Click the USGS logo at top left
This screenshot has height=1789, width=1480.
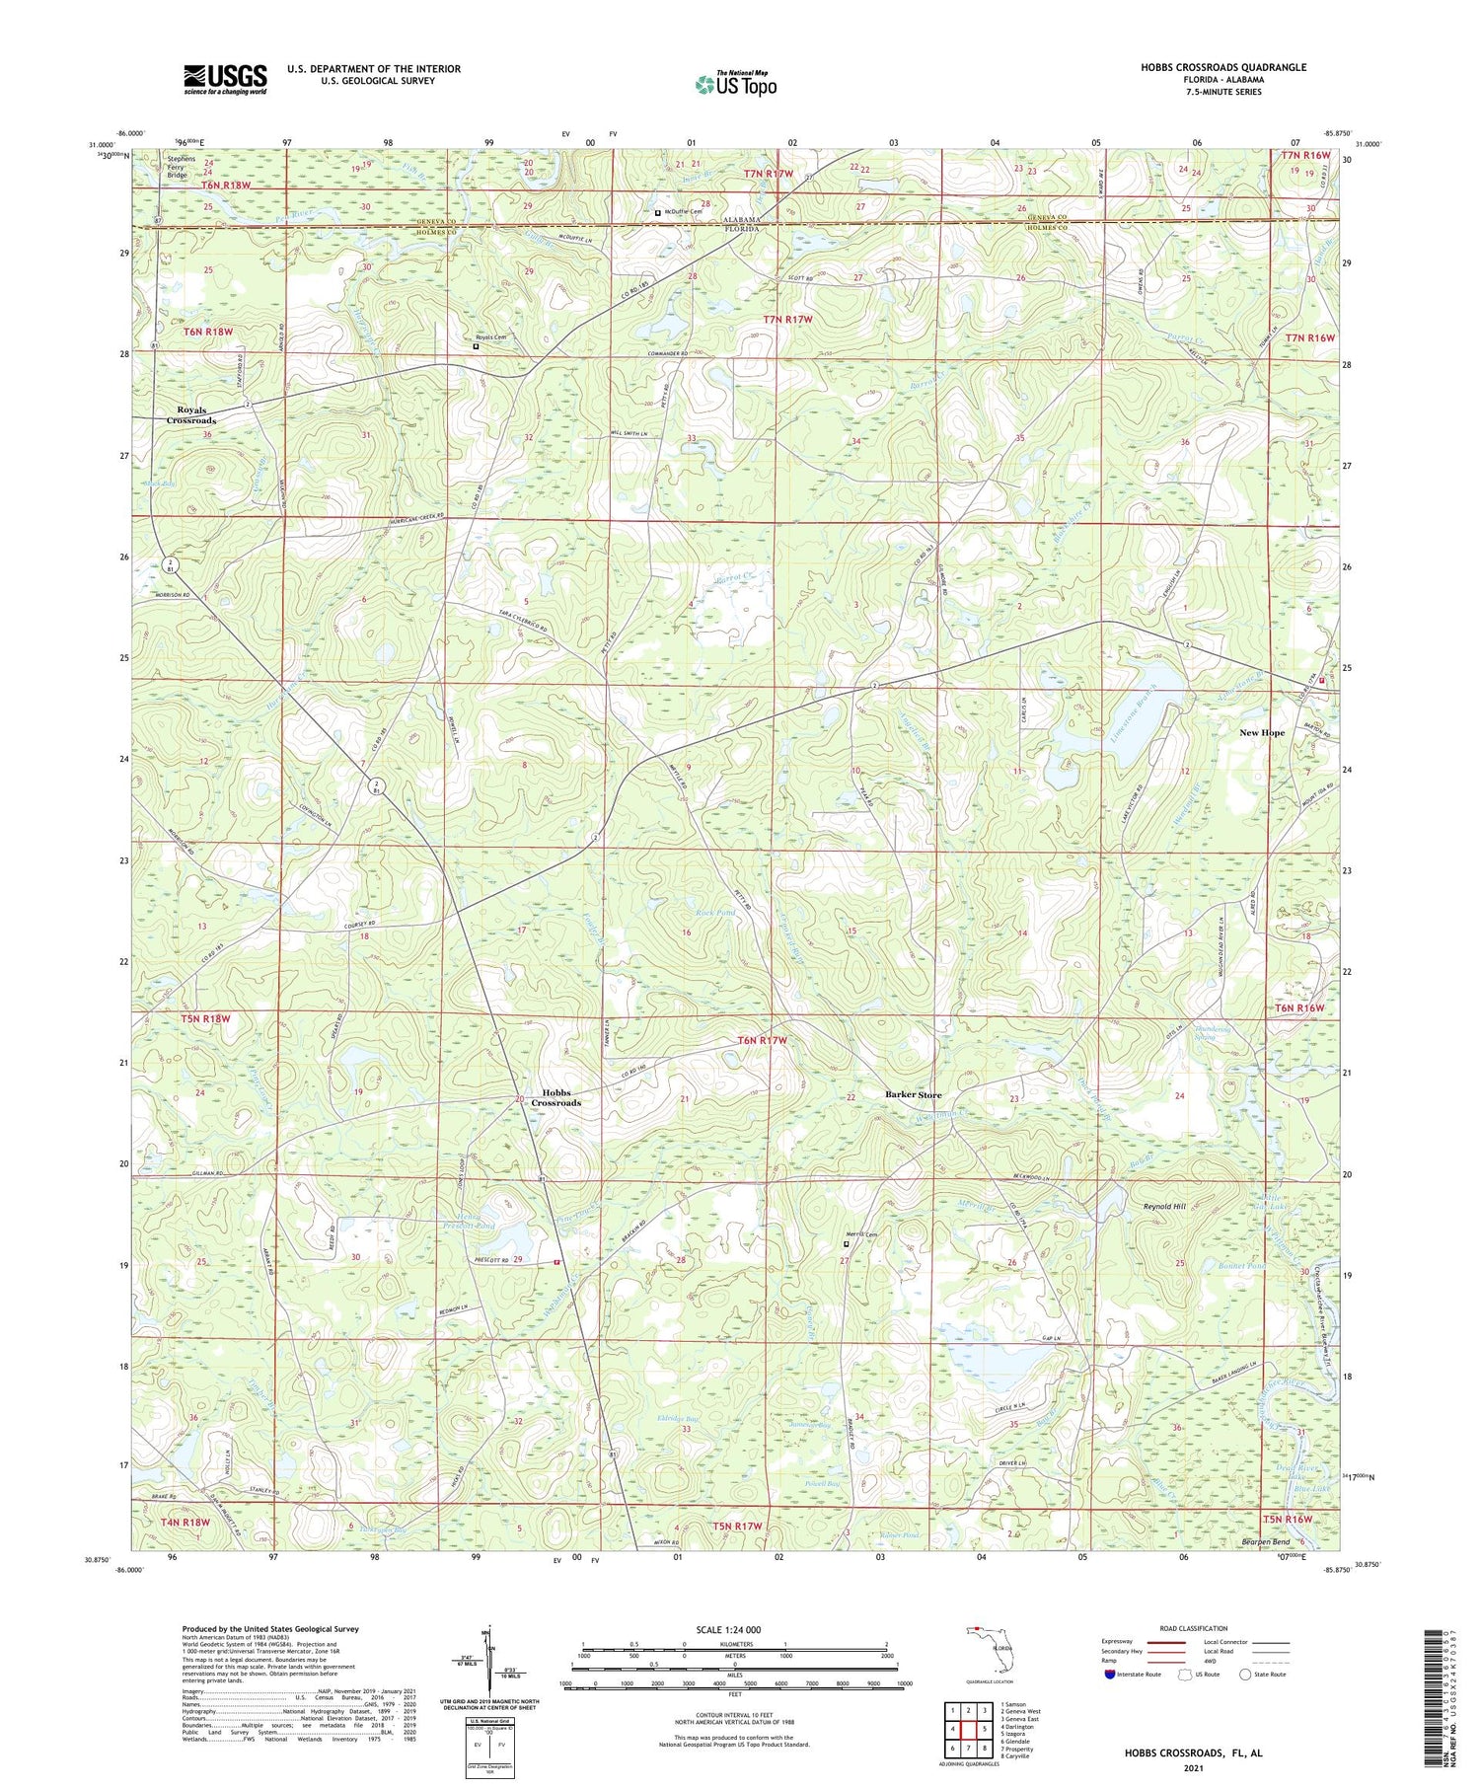point(225,79)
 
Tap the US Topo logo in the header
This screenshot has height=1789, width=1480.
point(735,85)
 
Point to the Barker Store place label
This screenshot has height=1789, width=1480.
point(913,1094)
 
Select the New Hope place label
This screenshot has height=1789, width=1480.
point(1262,733)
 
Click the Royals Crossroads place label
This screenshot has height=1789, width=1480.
point(190,414)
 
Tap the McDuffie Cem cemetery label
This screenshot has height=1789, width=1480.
point(683,211)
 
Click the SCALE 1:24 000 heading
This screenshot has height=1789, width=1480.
point(735,1629)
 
